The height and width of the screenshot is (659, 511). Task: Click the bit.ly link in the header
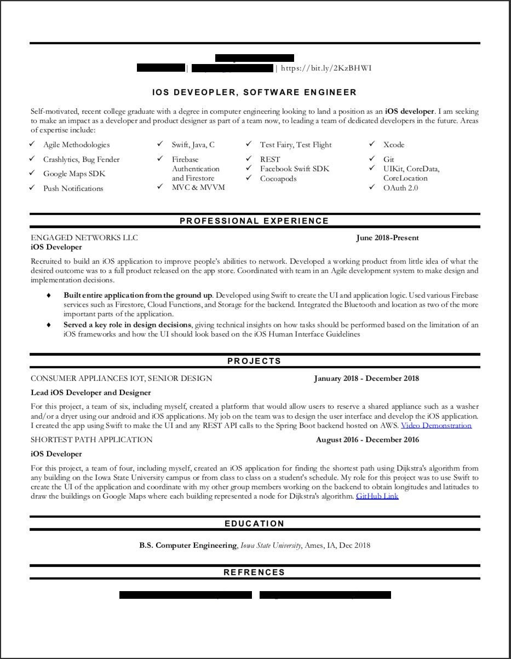(326, 68)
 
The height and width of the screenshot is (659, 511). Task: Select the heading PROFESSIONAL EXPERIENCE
(254, 221)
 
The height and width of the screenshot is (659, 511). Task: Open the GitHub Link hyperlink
(377, 496)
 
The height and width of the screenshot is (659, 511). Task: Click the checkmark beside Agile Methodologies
(32, 144)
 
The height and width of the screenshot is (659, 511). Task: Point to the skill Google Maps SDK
(74, 174)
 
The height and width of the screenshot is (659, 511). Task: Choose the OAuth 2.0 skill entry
(400, 188)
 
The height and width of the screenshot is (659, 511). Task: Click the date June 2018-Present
(387, 238)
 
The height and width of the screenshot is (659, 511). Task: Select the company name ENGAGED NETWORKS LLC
(84, 238)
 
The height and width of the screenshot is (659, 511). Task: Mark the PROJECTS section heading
(254, 361)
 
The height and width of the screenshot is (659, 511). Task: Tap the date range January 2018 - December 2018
(366, 378)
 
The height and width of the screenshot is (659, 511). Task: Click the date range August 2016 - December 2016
(368, 440)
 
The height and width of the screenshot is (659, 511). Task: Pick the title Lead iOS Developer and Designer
(91, 392)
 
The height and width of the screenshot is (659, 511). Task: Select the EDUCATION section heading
(254, 524)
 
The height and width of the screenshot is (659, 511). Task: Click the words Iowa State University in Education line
(271, 545)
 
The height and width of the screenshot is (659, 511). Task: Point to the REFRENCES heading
(254, 573)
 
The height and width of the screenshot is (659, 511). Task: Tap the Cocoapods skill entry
(278, 179)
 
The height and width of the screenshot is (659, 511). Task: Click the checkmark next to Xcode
(372, 144)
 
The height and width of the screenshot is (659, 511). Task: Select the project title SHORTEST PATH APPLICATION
(91, 440)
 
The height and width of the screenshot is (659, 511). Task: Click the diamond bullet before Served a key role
(49, 325)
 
